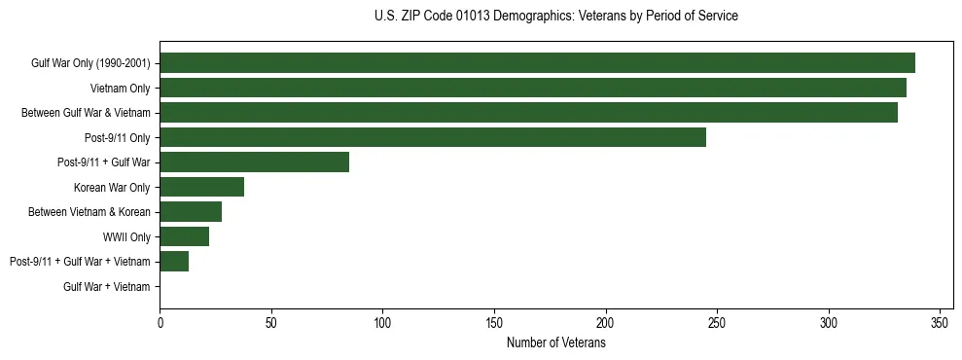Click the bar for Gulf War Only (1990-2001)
point(537,63)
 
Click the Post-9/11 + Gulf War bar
point(254,162)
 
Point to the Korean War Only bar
point(201,187)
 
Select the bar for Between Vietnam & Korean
point(191,212)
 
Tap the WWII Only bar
point(184,236)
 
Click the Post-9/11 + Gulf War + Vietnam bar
point(174,262)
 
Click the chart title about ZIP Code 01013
point(555,17)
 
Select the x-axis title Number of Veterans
point(555,343)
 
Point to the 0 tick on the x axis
point(160,323)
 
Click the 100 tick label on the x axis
point(382,323)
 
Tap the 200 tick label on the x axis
point(606,323)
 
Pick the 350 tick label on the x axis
point(940,323)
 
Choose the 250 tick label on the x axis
point(717,323)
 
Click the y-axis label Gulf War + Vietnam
point(107,287)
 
